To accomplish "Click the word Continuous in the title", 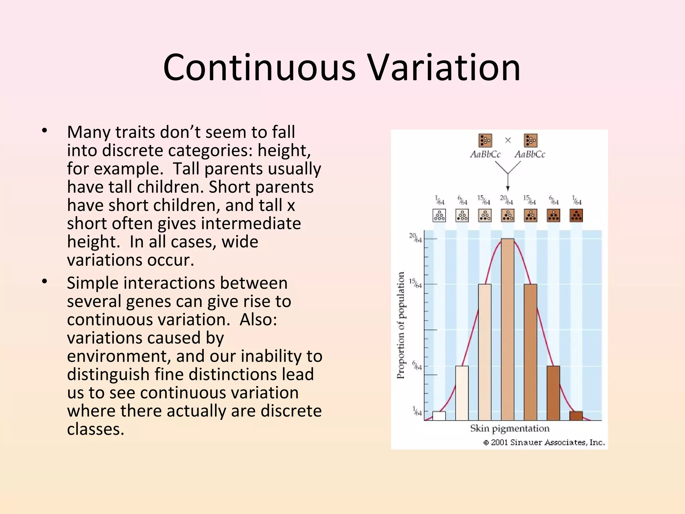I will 259,68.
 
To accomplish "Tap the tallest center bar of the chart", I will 507,330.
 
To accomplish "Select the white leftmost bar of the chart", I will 439,416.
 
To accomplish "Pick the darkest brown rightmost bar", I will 576,416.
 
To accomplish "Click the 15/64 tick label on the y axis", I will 415,283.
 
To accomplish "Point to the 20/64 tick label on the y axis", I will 415,238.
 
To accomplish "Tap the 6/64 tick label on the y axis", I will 416,365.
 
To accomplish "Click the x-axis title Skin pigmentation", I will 510,428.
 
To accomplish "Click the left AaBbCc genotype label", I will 485,154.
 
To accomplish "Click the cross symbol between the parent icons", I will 508,140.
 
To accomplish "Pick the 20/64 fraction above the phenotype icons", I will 506,200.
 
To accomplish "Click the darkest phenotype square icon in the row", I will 576,216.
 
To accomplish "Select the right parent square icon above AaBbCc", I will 530,140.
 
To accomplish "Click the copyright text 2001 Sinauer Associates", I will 545,442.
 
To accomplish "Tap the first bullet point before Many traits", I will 45,131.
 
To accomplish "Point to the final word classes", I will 95,429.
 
